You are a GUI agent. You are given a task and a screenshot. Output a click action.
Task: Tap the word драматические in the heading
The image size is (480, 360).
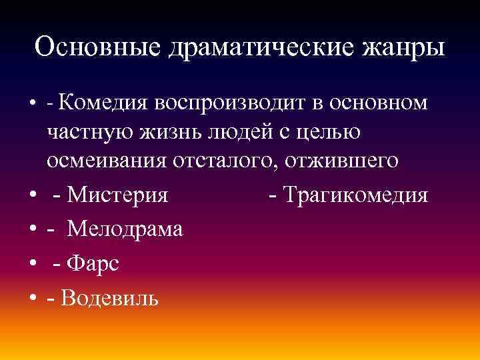tap(259, 47)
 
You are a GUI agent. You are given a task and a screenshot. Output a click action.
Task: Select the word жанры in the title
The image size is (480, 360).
tap(403, 47)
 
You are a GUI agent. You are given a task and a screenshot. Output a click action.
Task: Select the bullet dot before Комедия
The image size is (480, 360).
tap(32, 104)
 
